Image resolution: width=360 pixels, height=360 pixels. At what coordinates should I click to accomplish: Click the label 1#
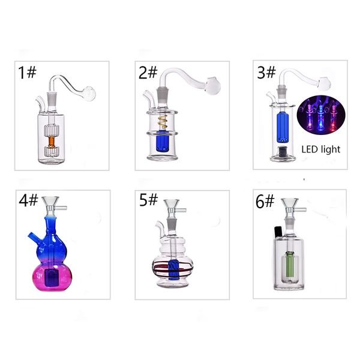pos(27,73)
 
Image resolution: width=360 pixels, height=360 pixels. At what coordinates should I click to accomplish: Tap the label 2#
pos(148,73)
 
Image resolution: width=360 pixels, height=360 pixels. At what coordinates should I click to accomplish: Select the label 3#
pos(266,73)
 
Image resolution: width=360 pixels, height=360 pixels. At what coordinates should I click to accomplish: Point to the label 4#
pos(28,200)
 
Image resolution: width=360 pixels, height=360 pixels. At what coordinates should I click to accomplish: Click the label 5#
pos(149,200)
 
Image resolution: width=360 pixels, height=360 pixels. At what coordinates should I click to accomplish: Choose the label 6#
pos(265,202)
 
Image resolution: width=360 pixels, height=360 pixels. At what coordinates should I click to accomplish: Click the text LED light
pos(321,149)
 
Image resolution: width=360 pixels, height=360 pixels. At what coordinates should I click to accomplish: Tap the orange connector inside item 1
pos(52,142)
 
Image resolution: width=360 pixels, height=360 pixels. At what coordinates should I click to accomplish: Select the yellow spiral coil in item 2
pos(163,122)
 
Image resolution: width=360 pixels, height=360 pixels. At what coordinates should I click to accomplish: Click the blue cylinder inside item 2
pos(163,141)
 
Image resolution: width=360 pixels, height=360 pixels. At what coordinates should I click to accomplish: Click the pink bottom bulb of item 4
pos(52,277)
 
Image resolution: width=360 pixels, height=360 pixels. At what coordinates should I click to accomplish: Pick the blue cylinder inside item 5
pos(173,270)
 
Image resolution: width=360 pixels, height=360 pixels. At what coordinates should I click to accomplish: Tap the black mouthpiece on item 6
pos(278,232)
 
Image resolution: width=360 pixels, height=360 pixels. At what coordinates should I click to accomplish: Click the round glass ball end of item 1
pos(89,94)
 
